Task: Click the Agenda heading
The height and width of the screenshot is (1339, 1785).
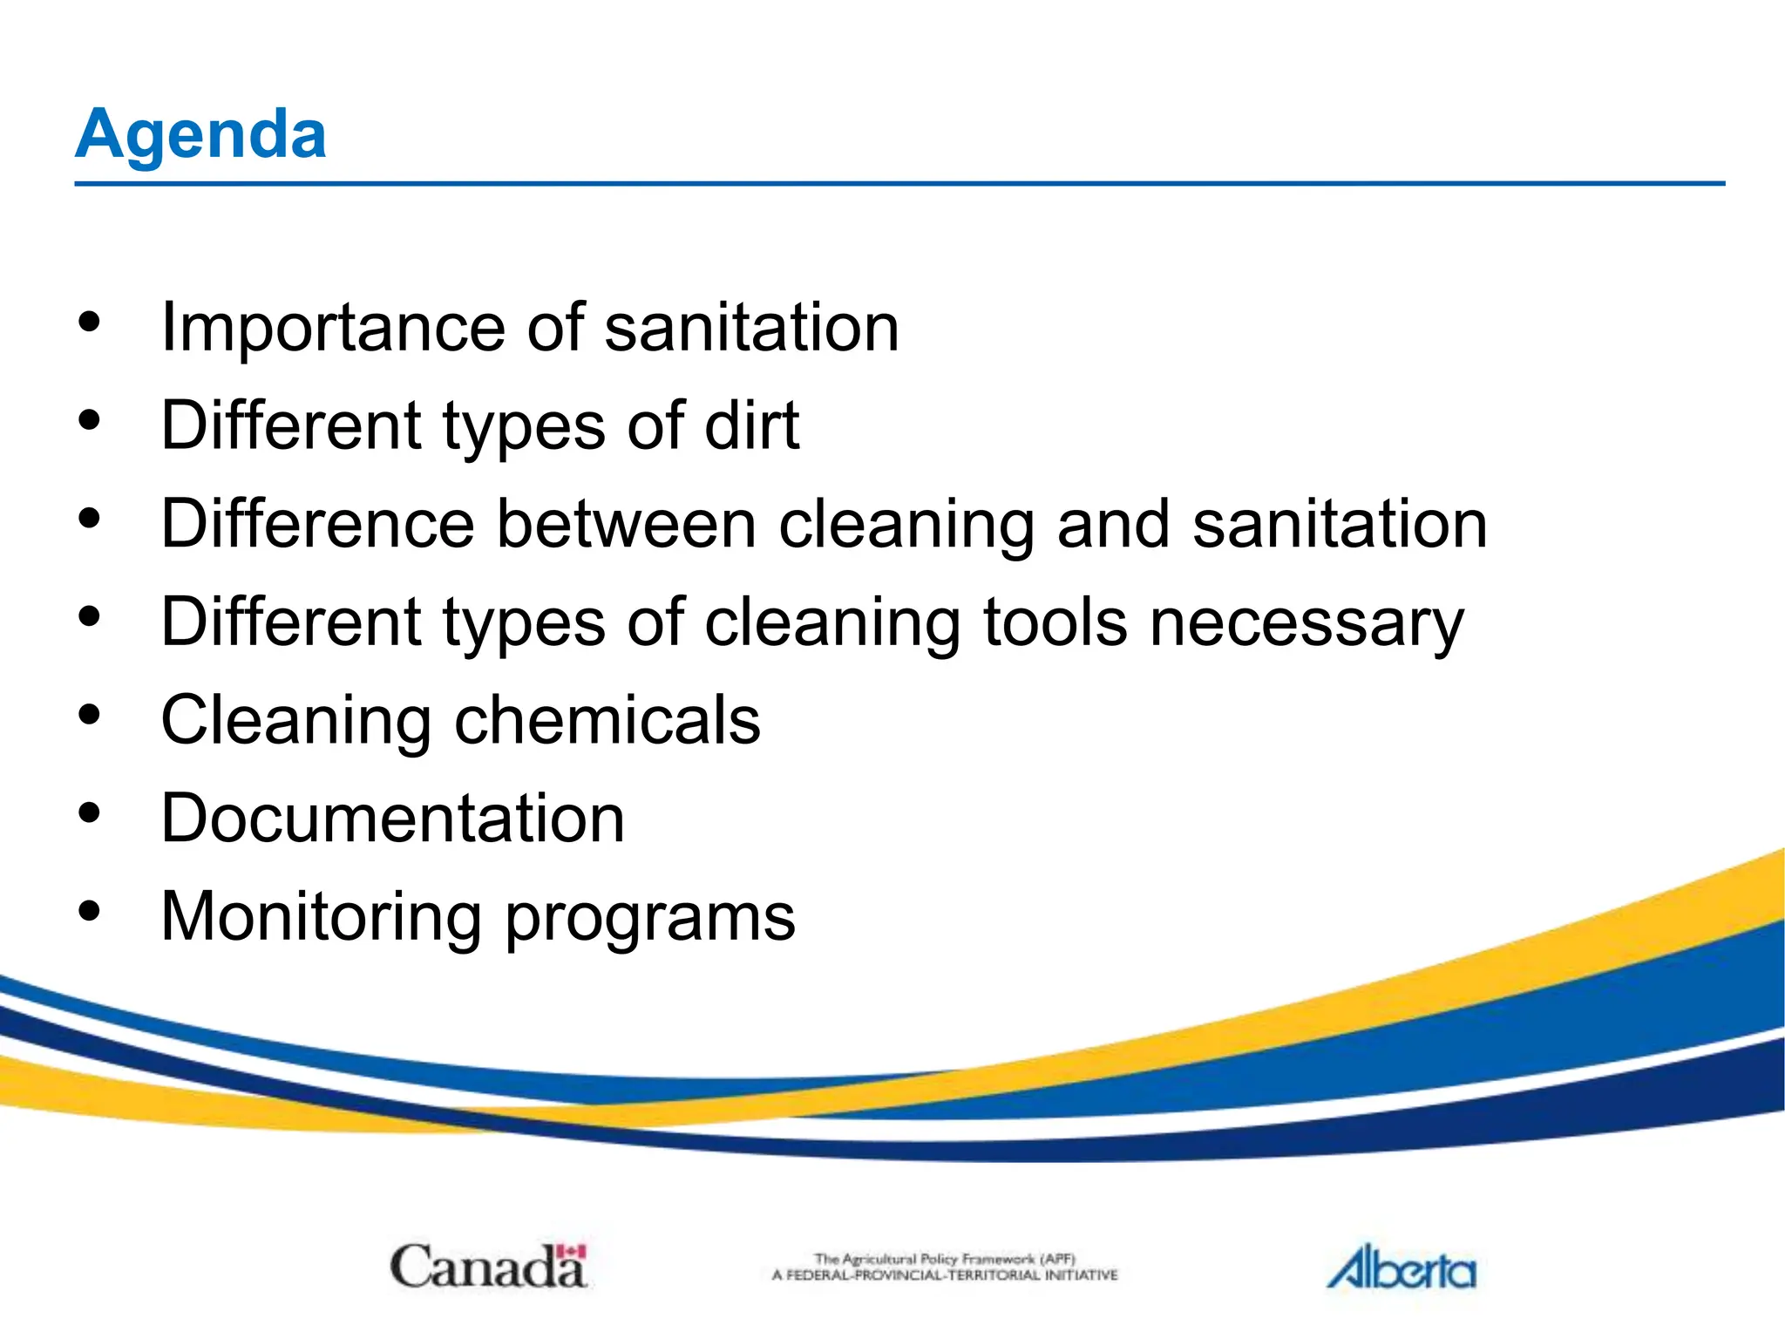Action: point(200,134)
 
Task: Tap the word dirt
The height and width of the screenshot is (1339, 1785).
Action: point(751,425)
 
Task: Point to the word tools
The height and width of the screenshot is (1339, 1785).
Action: point(1055,622)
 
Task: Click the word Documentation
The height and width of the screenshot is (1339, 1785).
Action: point(393,819)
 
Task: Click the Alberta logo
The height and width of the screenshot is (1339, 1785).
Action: point(1402,1268)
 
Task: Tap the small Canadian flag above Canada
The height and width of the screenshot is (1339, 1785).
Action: point(572,1252)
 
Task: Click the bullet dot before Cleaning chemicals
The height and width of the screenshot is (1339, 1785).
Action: point(89,716)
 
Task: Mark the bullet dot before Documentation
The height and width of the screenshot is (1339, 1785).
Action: point(89,813)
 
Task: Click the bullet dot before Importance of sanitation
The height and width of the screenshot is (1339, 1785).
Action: point(89,323)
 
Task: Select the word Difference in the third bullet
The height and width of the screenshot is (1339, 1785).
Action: point(318,524)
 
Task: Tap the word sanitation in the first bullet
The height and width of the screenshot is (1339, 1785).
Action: point(751,329)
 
